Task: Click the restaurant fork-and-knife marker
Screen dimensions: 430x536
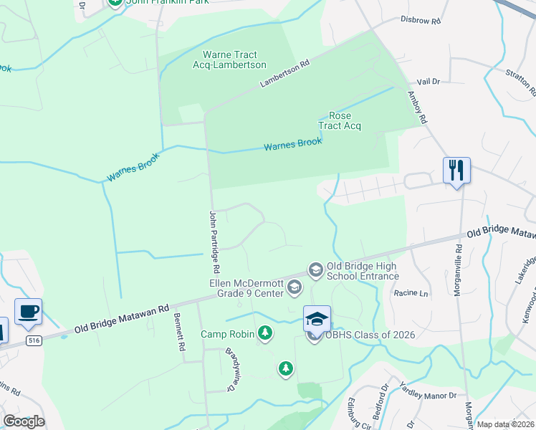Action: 456,171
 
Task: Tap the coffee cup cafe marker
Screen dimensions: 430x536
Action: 28,312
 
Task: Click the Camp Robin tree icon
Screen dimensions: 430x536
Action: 265,333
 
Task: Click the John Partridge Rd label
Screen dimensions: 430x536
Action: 212,242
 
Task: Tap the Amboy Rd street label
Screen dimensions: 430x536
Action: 417,107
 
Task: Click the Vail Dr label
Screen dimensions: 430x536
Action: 427,82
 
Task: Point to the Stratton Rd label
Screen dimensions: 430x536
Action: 521,82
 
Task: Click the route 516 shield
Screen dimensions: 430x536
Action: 33,340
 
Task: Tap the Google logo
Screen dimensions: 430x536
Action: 24,421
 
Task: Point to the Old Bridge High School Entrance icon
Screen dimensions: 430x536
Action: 315,269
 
